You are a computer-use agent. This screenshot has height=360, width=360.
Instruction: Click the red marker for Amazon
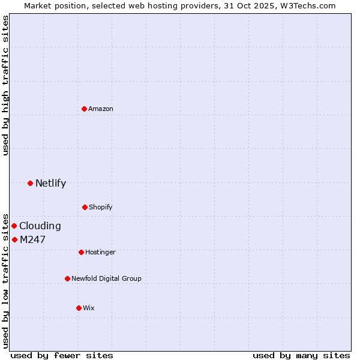click(x=85, y=109)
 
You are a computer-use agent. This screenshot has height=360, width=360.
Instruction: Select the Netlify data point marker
click(x=31, y=183)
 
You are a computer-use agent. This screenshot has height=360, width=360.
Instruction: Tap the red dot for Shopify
click(x=85, y=207)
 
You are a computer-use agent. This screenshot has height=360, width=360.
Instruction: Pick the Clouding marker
click(x=14, y=226)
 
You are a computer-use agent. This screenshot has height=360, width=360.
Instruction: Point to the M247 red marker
click(x=15, y=239)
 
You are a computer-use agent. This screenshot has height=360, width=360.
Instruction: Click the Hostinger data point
click(x=82, y=252)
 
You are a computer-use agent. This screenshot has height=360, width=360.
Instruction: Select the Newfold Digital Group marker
click(x=68, y=278)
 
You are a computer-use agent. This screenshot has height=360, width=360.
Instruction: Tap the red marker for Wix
click(x=79, y=308)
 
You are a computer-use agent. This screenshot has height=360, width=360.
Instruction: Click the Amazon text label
click(x=101, y=109)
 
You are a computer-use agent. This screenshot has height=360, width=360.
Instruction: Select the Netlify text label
click(x=50, y=183)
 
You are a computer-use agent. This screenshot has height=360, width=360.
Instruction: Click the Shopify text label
click(x=101, y=207)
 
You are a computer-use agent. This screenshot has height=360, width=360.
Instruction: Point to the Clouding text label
click(x=40, y=226)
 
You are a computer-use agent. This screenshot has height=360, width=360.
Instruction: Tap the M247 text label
click(x=32, y=239)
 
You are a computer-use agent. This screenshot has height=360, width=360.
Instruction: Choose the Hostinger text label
click(x=100, y=252)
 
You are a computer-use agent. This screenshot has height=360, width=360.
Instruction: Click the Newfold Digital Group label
click(x=107, y=278)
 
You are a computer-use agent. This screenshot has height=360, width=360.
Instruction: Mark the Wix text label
click(x=89, y=308)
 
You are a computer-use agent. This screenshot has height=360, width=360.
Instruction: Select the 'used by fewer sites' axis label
click(x=62, y=355)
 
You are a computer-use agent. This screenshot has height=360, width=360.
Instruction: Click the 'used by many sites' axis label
click(x=301, y=355)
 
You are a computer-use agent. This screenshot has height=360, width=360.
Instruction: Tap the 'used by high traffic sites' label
click(x=5, y=85)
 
